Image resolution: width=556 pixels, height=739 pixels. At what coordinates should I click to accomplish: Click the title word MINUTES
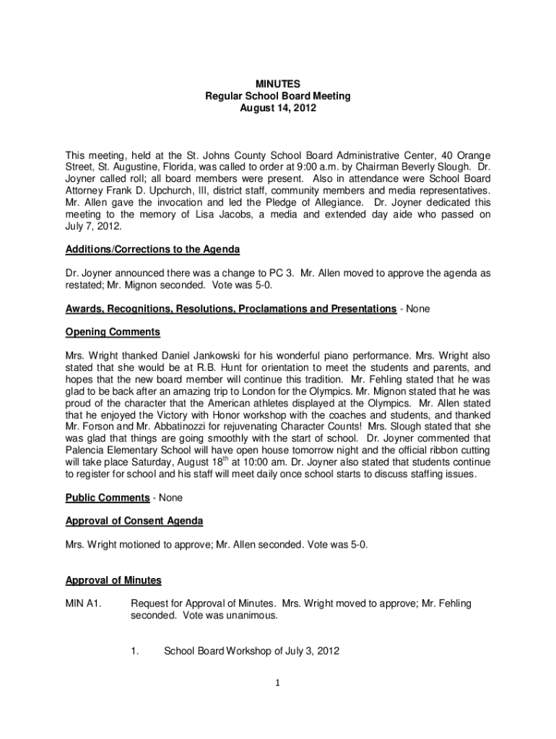278,84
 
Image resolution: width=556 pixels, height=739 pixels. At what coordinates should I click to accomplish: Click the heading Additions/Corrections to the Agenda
153,249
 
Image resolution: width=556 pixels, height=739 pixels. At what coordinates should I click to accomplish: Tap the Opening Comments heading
113,333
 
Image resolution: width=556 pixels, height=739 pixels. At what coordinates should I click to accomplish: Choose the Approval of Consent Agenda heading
134,520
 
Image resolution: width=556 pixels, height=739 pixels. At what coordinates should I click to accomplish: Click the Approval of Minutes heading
113,580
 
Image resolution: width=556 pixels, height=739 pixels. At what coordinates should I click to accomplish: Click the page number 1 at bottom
278,682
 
